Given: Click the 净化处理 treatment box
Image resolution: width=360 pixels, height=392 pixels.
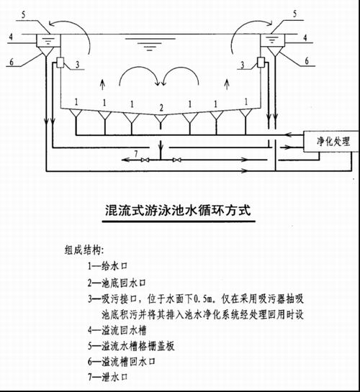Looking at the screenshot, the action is click(x=330, y=141).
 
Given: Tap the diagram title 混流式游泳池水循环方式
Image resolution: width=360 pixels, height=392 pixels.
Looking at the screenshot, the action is click(x=178, y=210).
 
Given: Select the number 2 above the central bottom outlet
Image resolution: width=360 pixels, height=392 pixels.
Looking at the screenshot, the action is click(x=161, y=108).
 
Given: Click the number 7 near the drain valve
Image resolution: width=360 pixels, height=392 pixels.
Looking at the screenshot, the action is click(x=136, y=153).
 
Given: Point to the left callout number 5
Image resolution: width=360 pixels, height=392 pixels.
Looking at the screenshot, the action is click(x=23, y=14).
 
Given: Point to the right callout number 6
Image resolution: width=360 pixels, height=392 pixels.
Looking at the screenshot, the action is click(x=307, y=60).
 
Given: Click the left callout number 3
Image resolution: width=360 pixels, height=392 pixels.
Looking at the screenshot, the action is click(x=78, y=65).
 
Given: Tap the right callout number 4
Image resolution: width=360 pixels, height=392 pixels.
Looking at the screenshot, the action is click(x=305, y=37).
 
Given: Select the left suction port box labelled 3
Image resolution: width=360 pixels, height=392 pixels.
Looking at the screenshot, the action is click(x=60, y=63).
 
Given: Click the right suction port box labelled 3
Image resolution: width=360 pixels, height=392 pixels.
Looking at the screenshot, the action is click(x=261, y=62).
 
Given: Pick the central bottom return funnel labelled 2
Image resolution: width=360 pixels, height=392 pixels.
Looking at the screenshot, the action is click(x=161, y=119).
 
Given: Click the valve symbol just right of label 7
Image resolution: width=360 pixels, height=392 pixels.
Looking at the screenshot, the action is click(x=145, y=160).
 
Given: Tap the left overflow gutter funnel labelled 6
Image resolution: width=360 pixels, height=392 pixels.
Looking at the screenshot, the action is click(x=46, y=52).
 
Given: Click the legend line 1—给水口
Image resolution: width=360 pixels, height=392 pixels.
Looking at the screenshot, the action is click(x=107, y=266).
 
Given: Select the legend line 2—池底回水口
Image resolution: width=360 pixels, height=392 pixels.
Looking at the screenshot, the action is click(x=117, y=283).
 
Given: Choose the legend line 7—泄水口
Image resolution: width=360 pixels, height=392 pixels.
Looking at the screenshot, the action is click(x=107, y=377).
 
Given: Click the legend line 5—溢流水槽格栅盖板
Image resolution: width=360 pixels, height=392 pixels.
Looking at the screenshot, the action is click(x=131, y=346).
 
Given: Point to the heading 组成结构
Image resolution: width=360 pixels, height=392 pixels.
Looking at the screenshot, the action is click(x=84, y=250).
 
